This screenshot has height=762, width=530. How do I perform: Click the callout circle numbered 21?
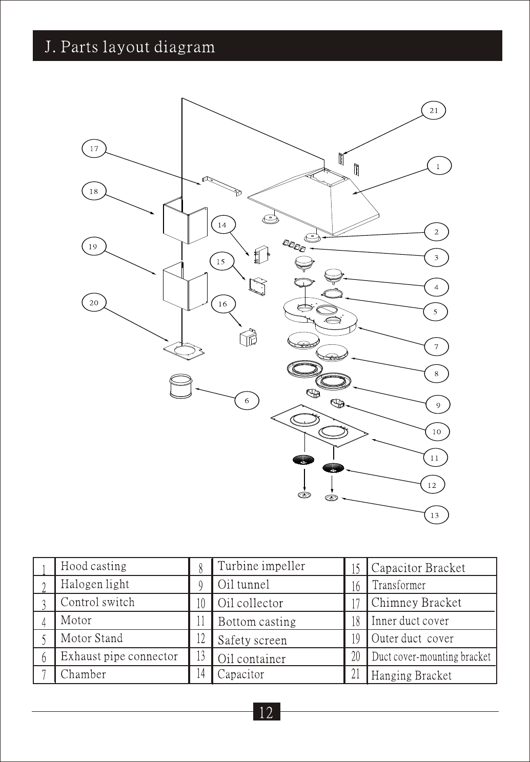434,110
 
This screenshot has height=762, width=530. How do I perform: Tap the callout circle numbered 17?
94,148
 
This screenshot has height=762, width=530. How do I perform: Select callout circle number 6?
247,400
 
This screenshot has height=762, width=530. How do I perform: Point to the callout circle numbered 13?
436,515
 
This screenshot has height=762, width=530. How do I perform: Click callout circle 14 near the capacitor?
223,225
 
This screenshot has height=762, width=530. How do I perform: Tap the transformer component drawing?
248,338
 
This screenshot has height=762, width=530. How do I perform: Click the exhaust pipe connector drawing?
180,386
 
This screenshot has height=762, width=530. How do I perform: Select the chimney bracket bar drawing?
222,186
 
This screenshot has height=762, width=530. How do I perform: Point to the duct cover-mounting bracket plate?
184,351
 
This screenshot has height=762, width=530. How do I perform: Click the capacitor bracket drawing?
258,286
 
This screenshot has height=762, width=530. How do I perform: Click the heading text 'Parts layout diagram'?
137,47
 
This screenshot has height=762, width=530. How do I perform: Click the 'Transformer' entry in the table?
399,585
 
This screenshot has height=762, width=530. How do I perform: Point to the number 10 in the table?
201,603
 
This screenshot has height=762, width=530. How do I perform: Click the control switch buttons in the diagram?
294,245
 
